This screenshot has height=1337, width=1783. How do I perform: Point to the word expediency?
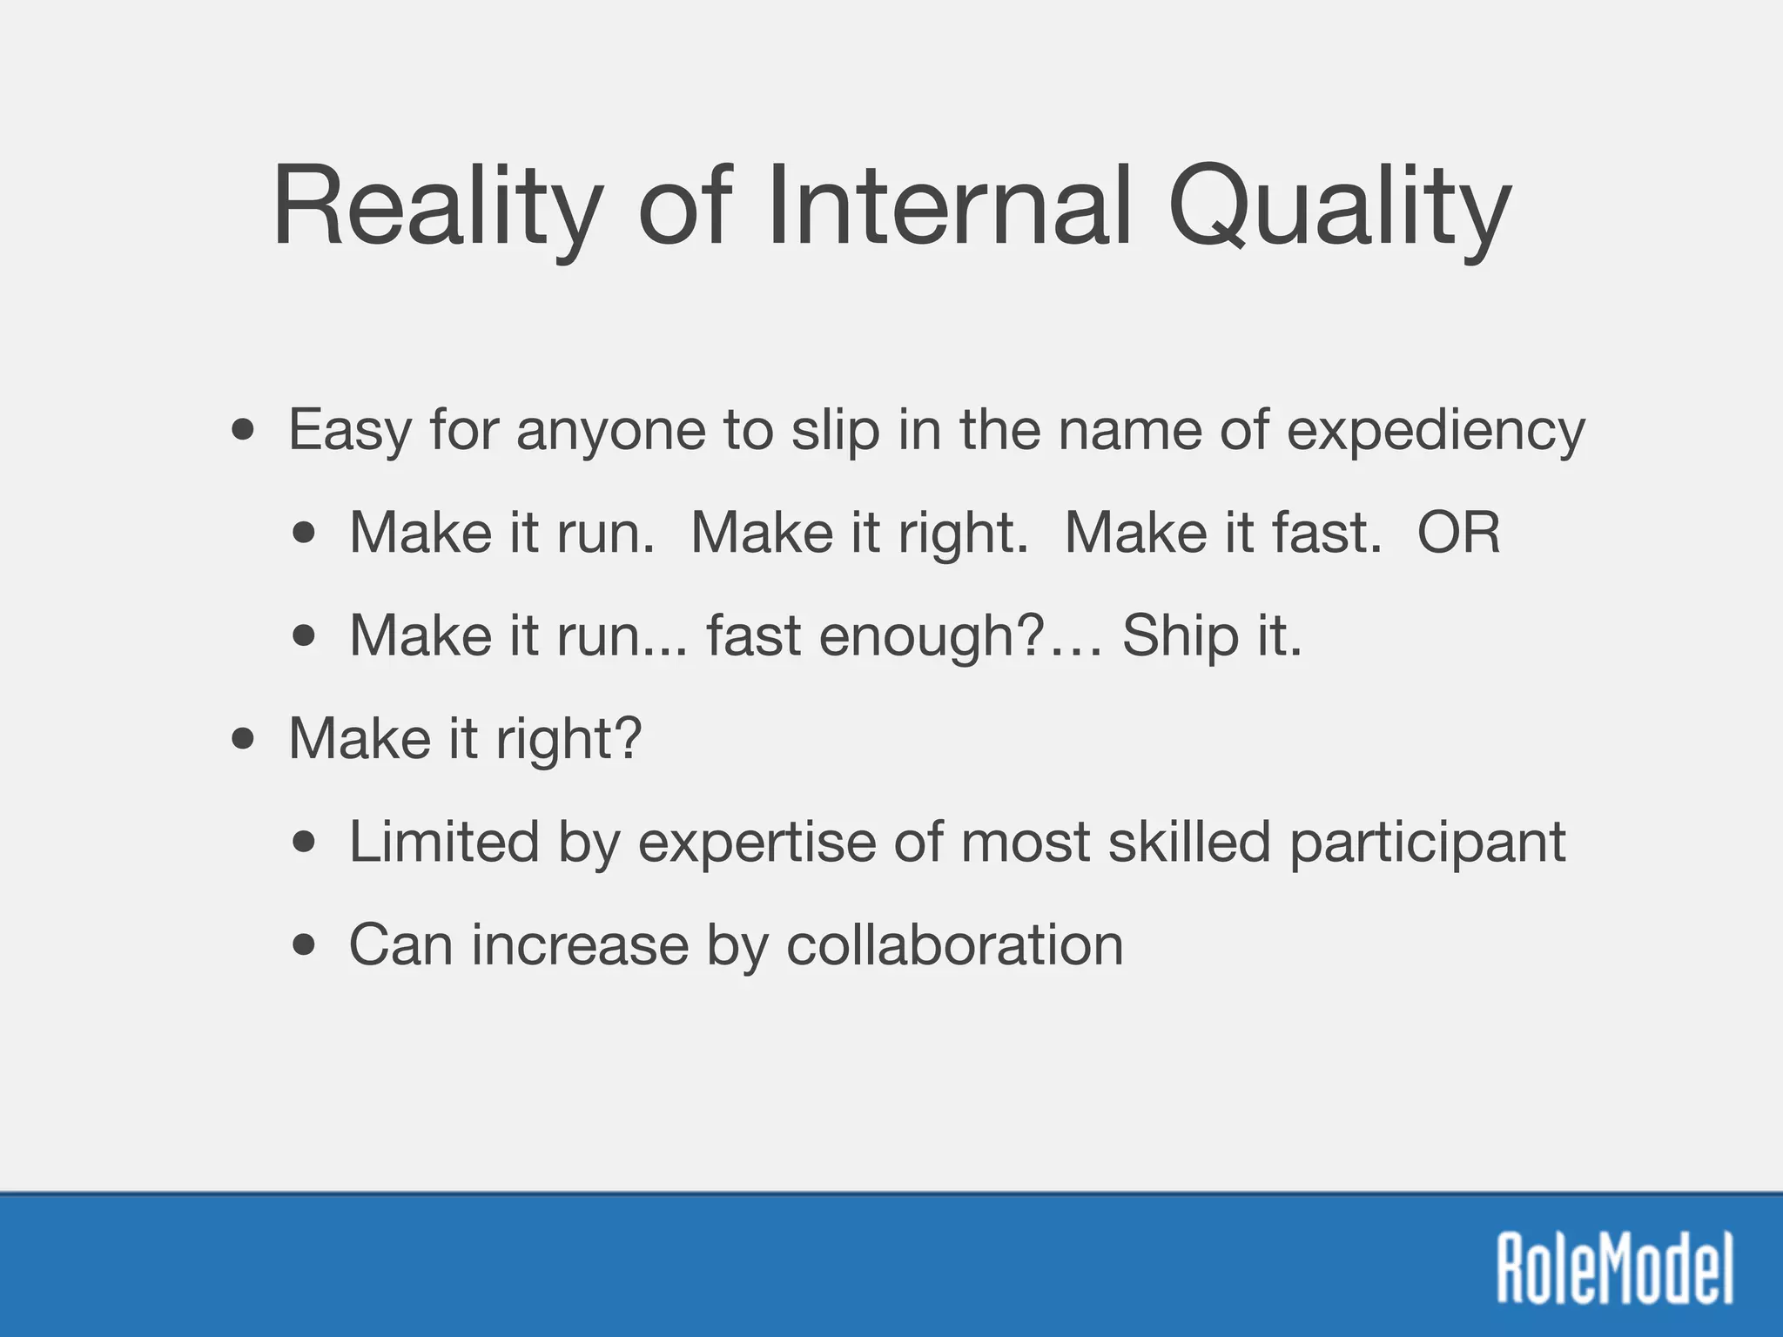1436,431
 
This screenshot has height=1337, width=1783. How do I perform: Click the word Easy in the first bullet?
349,431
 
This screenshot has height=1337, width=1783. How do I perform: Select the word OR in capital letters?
1458,532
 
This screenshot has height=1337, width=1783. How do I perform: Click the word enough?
931,636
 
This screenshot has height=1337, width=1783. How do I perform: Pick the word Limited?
444,842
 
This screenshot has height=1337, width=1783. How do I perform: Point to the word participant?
1427,843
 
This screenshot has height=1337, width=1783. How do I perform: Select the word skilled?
1189,842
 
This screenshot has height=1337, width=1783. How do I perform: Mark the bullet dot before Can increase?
304,945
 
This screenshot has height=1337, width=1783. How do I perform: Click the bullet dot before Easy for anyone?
244,430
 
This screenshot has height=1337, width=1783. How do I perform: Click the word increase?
580,944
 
